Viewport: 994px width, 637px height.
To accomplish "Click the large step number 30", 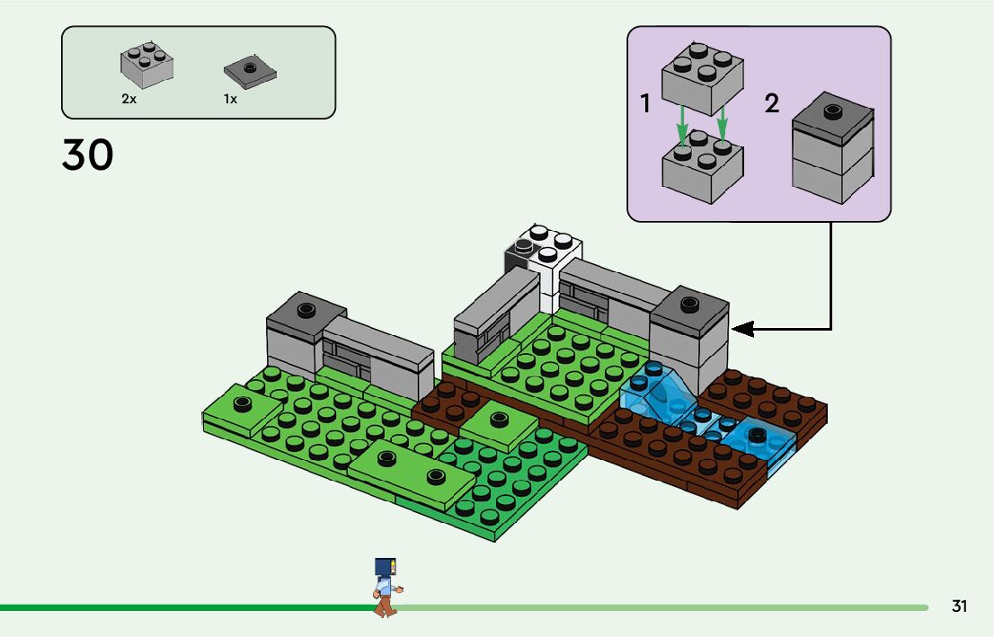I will (88, 155).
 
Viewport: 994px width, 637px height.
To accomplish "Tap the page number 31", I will (959, 606).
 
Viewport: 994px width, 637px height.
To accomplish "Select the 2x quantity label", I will (129, 99).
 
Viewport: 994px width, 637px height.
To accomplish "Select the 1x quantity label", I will (231, 99).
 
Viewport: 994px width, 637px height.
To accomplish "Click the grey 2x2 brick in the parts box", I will (146, 66).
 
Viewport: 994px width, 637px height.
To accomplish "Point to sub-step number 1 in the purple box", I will (645, 104).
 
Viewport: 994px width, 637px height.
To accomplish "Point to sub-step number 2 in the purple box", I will (772, 103).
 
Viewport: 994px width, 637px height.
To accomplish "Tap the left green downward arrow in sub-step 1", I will (683, 124).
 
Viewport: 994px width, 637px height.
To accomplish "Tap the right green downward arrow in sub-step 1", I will (723, 124).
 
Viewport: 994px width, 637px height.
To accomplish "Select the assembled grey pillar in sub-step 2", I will (832, 148).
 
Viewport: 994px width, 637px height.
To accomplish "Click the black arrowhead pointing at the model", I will (742, 329).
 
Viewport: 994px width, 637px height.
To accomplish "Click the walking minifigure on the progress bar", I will (386, 587).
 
